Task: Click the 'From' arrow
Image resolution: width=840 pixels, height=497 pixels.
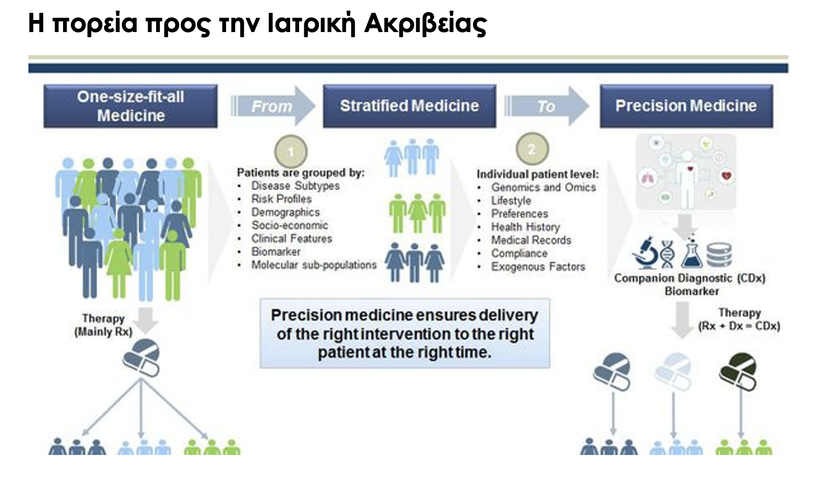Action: tap(273, 106)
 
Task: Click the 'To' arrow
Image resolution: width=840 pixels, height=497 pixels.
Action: tap(547, 106)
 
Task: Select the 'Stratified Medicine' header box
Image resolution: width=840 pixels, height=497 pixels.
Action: tap(409, 106)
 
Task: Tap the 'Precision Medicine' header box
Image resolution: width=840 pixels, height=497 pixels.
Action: tap(687, 106)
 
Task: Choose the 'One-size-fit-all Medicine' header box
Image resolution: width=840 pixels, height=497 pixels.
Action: tap(130, 106)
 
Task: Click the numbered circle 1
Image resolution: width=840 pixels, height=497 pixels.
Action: tap(291, 151)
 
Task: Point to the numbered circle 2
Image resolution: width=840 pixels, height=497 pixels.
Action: tap(532, 149)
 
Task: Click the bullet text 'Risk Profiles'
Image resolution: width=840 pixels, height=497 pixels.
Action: tap(281, 199)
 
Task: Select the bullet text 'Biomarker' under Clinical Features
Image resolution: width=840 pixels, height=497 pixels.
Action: tap(276, 252)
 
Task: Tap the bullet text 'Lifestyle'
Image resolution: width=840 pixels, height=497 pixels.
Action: tap(511, 201)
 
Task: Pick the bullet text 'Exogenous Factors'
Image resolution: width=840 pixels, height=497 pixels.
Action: tap(538, 266)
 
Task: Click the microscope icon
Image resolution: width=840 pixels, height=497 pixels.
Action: tap(645, 253)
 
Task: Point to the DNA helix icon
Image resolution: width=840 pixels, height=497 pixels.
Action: tap(668, 254)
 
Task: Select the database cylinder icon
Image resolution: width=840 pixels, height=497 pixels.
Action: tap(719, 255)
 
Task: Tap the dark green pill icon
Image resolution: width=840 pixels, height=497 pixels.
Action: tap(738, 371)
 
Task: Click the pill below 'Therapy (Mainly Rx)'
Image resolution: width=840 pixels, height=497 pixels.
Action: tap(141, 358)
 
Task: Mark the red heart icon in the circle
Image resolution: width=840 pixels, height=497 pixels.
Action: tap(727, 176)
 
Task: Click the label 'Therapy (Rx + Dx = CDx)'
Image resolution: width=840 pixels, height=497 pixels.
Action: tap(739, 319)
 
